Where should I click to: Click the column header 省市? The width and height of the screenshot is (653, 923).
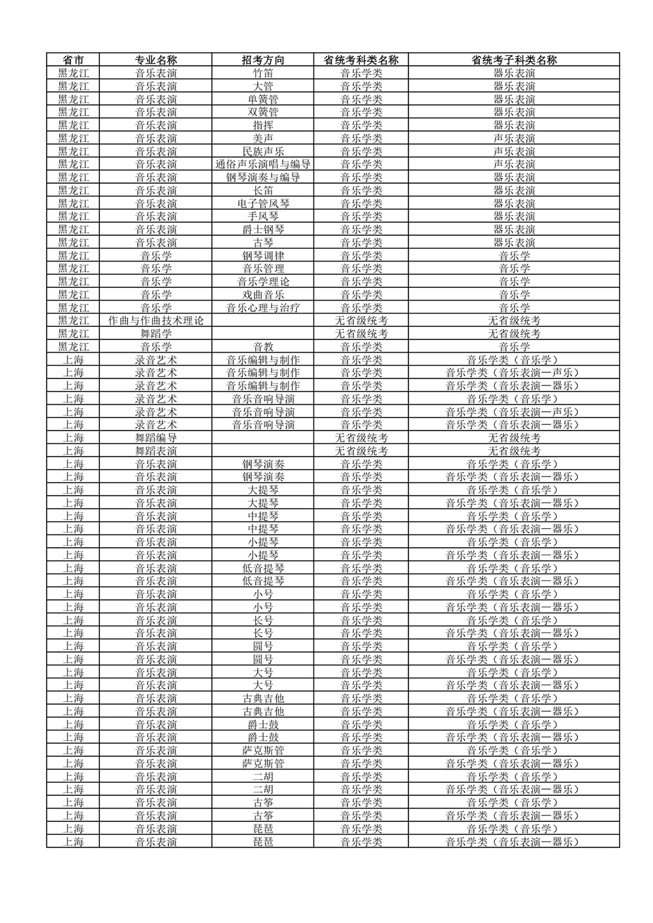74,60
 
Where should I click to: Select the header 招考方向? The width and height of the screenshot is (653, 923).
263,60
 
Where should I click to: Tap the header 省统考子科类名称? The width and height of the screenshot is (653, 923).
513,60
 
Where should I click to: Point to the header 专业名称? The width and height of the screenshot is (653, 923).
156,60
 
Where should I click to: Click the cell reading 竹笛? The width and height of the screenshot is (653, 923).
263,73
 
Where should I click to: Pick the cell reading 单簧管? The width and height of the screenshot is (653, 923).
263,99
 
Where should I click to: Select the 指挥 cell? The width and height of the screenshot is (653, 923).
263,125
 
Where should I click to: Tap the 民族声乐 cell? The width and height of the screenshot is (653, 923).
263,152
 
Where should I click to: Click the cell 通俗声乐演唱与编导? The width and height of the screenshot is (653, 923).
263,164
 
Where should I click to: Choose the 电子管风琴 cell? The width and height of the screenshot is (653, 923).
263,204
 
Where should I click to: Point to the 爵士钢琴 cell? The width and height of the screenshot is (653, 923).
263,229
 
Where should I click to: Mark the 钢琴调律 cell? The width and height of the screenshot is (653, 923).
263,256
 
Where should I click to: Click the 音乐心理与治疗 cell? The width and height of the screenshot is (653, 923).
263,307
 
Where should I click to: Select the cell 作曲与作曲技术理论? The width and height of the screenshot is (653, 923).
156,321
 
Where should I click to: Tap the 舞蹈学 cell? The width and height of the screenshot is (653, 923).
156,334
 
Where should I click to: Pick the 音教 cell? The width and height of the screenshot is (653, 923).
263,347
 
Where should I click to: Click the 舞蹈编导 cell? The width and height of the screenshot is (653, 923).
156,438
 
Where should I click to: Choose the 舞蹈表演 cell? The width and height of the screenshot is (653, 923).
156,451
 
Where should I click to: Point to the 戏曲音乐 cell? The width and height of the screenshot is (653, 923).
263,295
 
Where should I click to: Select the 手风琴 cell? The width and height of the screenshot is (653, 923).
263,216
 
